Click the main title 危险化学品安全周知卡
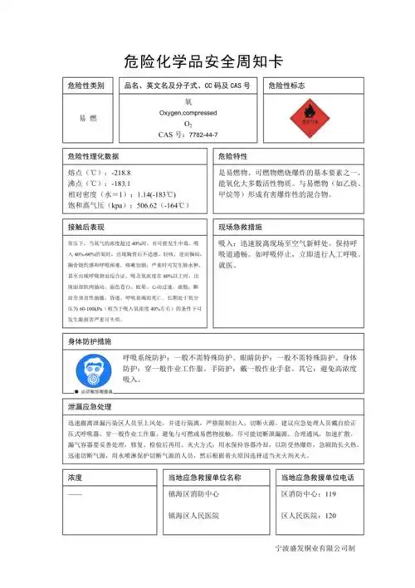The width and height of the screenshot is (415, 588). click(207, 60)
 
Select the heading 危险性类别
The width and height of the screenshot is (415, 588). click(86, 86)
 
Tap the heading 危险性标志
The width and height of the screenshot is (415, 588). click(290, 86)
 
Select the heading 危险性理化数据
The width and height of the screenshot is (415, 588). click(93, 155)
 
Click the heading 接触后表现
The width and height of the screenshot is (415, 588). click(86, 227)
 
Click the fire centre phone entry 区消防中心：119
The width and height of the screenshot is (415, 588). click(309, 494)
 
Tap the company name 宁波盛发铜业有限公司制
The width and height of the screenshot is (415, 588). click(315, 549)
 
